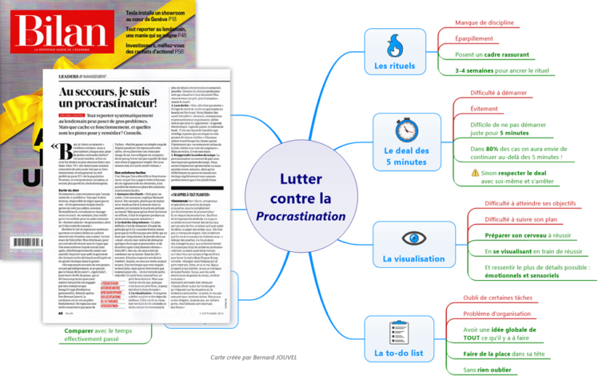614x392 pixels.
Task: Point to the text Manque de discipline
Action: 484,23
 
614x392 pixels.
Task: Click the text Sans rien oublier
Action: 488,370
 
